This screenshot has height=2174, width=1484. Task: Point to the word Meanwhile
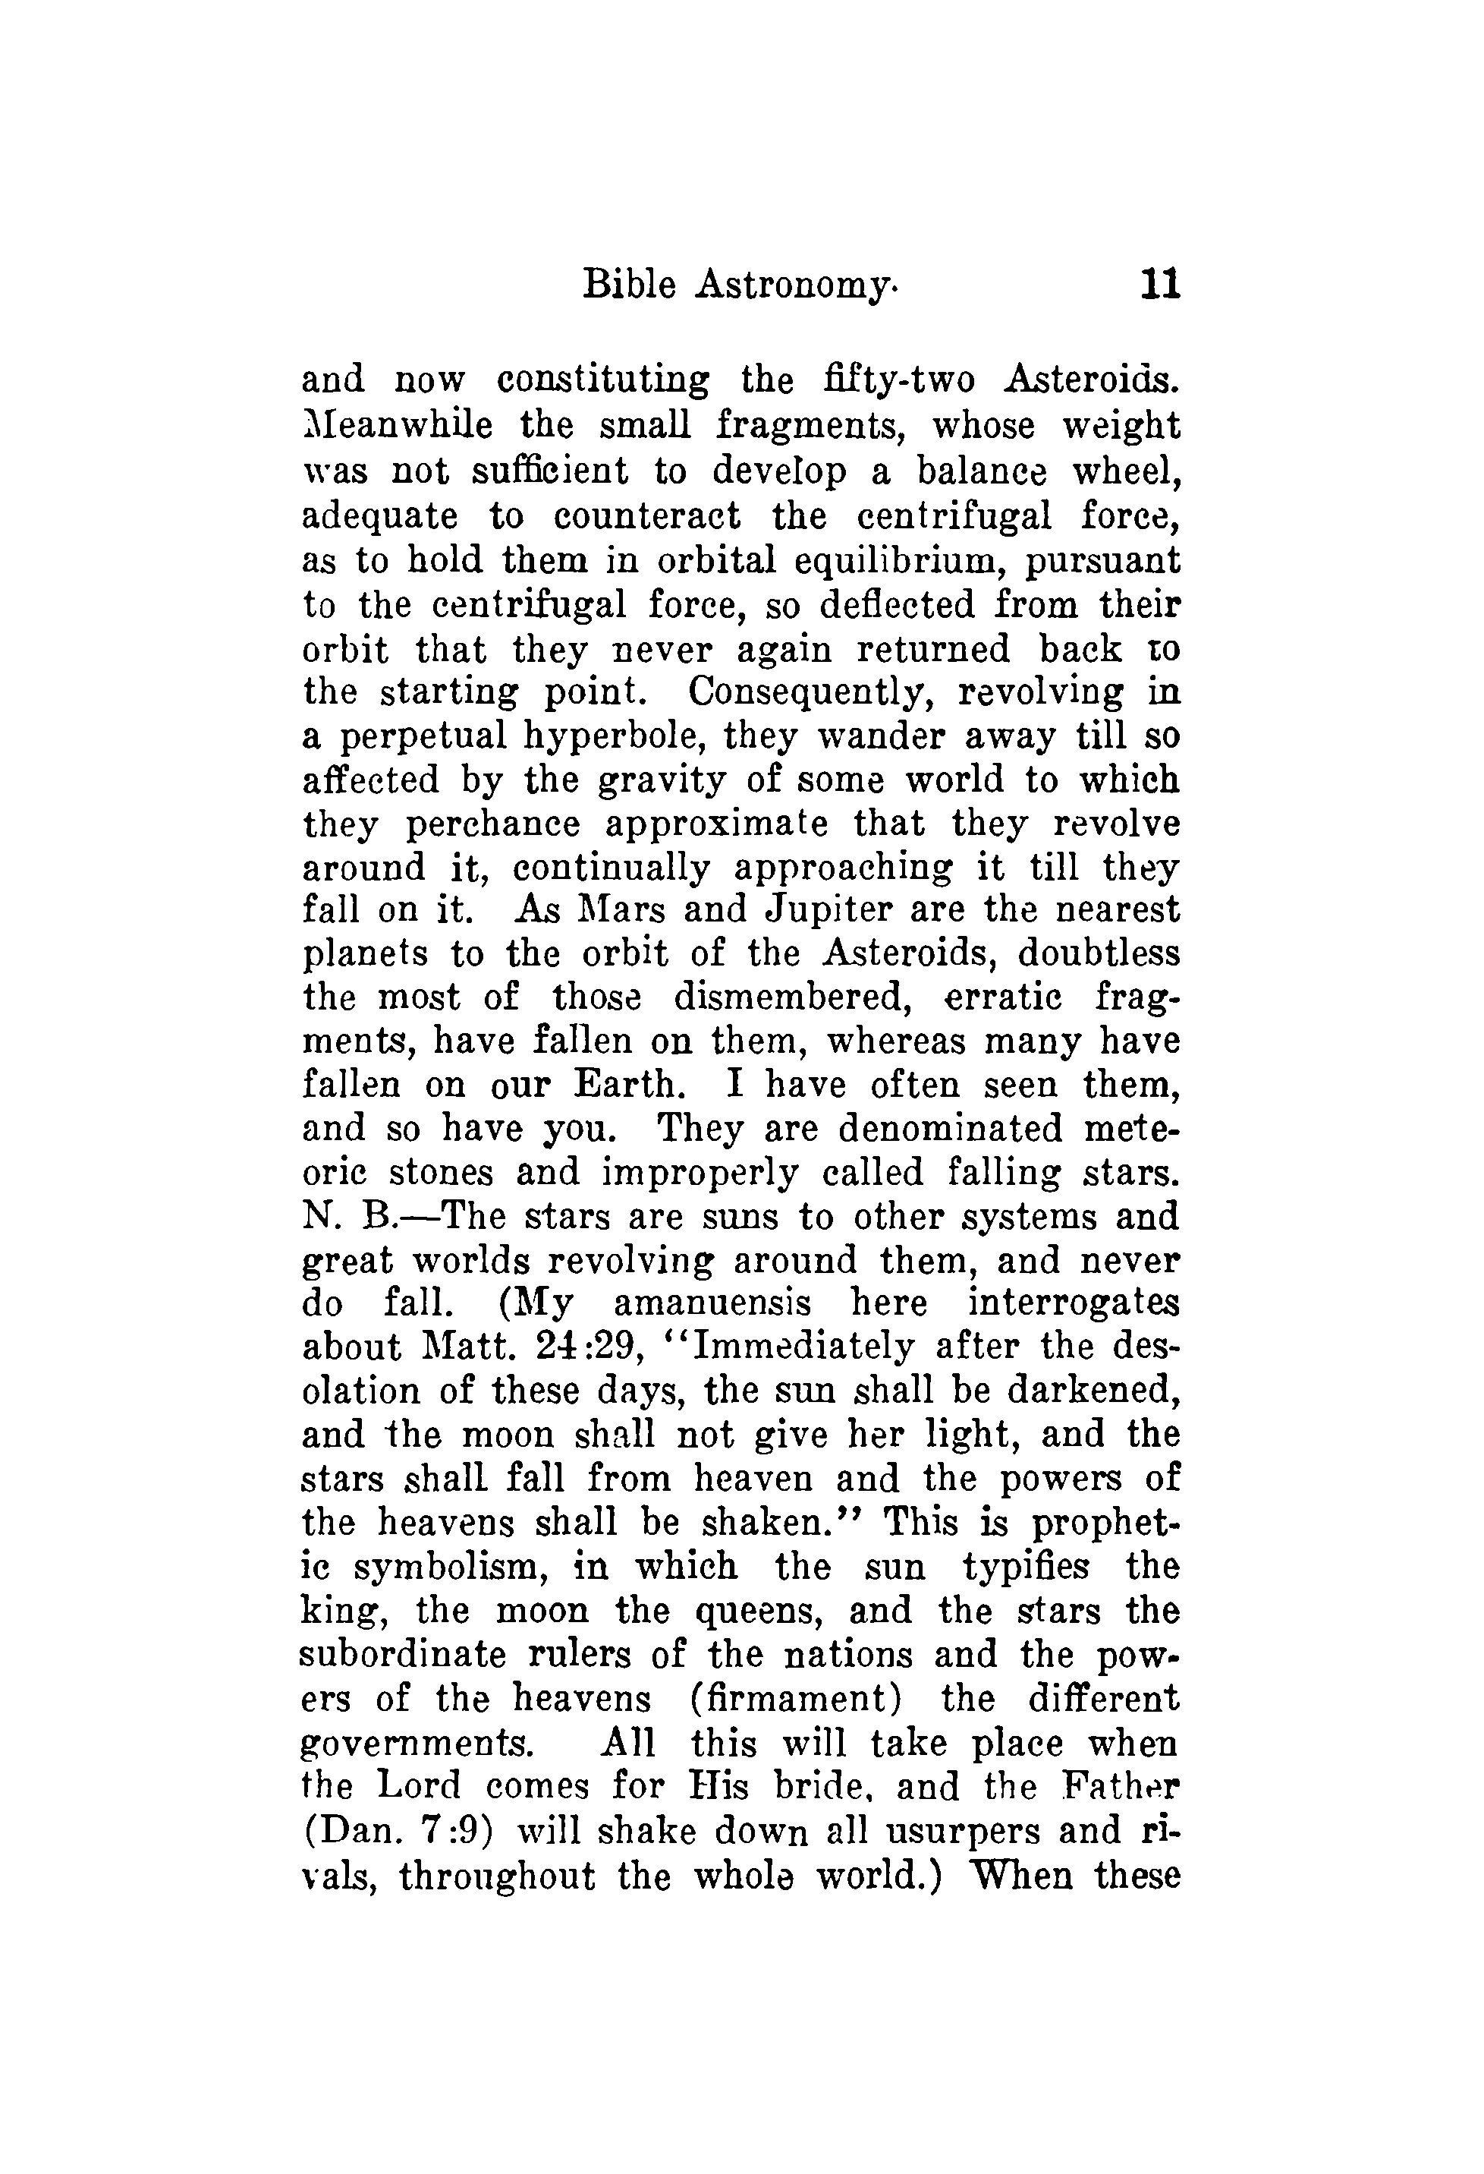(x=398, y=426)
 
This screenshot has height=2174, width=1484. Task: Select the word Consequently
(x=810, y=693)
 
